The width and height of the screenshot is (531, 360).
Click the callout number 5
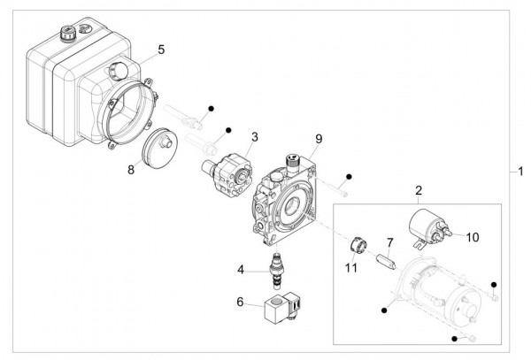161,50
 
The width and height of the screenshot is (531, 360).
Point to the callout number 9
319,139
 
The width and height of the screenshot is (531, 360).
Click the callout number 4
240,269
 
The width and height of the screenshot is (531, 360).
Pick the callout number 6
240,301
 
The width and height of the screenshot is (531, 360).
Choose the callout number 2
419,190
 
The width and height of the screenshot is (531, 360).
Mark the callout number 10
472,237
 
